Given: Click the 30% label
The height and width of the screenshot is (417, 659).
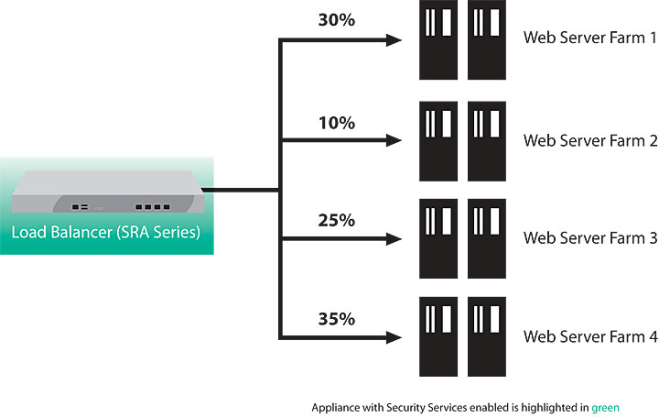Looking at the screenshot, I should click(x=337, y=20).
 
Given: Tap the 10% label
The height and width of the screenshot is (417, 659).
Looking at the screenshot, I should click(x=337, y=122).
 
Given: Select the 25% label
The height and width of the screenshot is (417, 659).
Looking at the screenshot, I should click(x=337, y=220).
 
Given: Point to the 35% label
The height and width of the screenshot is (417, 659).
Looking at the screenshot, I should click(x=337, y=319).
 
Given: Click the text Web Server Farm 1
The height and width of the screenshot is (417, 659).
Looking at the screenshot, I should click(x=589, y=38).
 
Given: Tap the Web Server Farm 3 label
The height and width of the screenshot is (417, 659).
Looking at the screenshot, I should click(x=589, y=238).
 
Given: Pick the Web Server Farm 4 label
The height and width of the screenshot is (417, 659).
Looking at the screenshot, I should click(x=589, y=336).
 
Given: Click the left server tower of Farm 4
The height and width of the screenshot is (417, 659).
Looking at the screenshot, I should click(x=438, y=336).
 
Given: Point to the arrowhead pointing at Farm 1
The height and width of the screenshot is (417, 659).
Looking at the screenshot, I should click(x=394, y=40).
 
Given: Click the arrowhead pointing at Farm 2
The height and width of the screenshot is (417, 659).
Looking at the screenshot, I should click(x=394, y=141).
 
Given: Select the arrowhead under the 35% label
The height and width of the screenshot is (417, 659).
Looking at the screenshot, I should click(x=394, y=338).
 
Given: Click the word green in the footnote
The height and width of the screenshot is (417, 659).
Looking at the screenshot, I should click(x=607, y=406).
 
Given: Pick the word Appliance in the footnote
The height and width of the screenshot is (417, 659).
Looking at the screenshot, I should click(x=336, y=406).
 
